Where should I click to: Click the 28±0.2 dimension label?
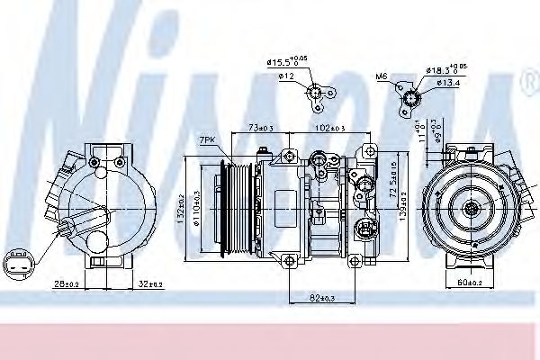[65, 284]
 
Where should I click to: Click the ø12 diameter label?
[287, 76]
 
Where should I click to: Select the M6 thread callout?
[381, 77]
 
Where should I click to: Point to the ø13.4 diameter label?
[448, 84]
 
